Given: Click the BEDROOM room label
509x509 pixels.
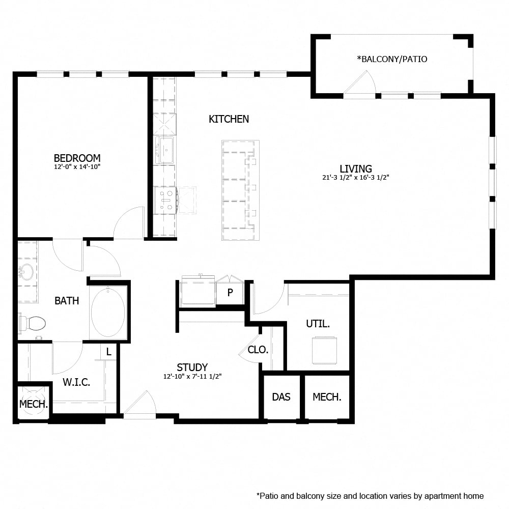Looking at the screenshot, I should [x=77, y=158].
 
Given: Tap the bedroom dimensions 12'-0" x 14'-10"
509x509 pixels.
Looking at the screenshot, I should [x=77, y=166].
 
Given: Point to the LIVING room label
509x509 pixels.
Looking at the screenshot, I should [x=356, y=168].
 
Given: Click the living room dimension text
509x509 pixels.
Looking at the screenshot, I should [x=356, y=178].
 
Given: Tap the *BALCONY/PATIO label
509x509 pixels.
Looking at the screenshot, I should [x=392, y=59].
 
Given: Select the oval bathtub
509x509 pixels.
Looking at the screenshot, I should [x=108, y=312].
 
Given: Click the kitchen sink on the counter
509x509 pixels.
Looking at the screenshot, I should [x=166, y=151].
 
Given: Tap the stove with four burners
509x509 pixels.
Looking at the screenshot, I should [x=165, y=199].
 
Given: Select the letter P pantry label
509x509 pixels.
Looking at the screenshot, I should [x=230, y=293].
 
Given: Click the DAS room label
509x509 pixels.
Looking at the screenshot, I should [x=281, y=397].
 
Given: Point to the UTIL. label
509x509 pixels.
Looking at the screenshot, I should [x=318, y=324].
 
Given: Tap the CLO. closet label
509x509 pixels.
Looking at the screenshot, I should [x=258, y=350].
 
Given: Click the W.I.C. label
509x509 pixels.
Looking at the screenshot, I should [x=76, y=382].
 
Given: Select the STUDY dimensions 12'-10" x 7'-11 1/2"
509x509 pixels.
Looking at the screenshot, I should [x=192, y=377].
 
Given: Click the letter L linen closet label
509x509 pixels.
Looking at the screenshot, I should [x=108, y=351].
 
